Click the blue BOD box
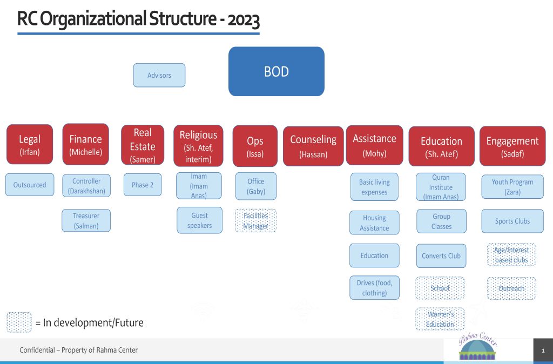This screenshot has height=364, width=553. [x=276, y=71]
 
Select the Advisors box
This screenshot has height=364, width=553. [x=159, y=75]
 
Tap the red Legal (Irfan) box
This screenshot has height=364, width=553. [x=30, y=144]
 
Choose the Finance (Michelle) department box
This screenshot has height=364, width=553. [x=86, y=144]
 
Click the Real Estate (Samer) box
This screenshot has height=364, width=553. [x=143, y=145]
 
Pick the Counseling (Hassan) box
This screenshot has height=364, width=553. [x=313, y=146]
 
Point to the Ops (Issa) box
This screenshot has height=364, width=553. [x=255, y=146]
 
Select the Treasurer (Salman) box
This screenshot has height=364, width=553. [x=86, y=220]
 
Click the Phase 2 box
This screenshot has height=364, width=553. [x=143, y=185]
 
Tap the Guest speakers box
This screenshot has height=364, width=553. [x=200, y=220]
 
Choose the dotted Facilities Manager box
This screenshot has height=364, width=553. [x=255, y=220]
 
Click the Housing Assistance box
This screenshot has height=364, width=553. [x=374, y=223]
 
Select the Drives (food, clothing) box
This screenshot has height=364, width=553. [x=374, y=287]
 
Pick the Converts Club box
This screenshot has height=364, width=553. [x=441, y=255]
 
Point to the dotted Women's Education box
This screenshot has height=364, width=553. [x=440, y=319]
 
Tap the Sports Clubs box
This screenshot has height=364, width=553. [x=512, y=221]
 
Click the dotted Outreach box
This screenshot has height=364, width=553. [x=511, y=288]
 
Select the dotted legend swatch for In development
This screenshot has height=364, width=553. [x=19, y=322]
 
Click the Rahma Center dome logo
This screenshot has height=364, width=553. [x=478, y=347]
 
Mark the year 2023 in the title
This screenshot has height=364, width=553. [x=244, y=20]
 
